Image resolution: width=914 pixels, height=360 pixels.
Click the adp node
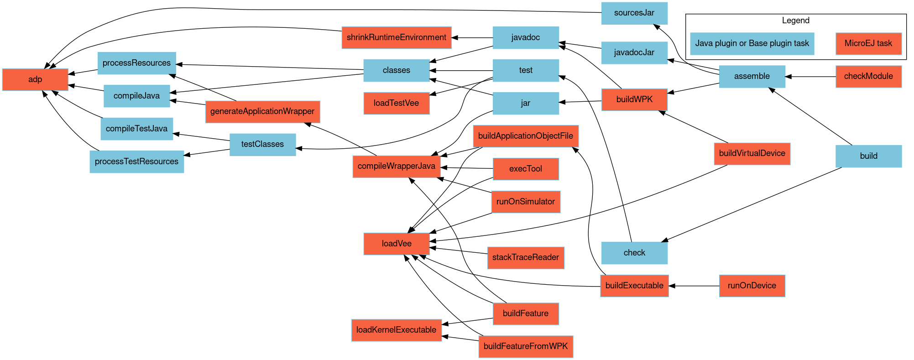(35, 80)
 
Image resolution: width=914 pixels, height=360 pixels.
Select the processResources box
(136, 63)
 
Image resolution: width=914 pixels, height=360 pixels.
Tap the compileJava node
(136, 96)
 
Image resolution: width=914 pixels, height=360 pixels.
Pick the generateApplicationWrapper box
(262, 112)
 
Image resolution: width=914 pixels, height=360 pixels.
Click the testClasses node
(262, 145)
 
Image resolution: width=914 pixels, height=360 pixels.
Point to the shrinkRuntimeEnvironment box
(396, 38)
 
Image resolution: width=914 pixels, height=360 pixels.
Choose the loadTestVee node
(396, 104)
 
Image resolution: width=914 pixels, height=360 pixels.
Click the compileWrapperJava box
(396, 167)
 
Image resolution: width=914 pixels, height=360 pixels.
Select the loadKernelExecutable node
(396, 330)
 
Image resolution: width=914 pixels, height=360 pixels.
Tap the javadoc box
(526, 38)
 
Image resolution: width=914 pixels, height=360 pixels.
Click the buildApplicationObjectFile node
(526, 136)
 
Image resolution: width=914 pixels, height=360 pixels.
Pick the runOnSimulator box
(526, 202)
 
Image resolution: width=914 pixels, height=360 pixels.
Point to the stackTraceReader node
(526, 258)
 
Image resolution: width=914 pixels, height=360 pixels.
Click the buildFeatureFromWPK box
(526, 347)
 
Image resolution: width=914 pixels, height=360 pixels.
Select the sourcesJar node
(634, 13)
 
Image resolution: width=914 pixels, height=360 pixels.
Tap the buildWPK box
(634, 100)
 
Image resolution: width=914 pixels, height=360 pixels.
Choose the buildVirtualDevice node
(752, 154)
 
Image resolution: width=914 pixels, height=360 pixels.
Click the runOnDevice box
(752, 286)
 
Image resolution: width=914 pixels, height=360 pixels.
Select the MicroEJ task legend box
(868, 44)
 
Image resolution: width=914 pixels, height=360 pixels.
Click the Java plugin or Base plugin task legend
(752, 44)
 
